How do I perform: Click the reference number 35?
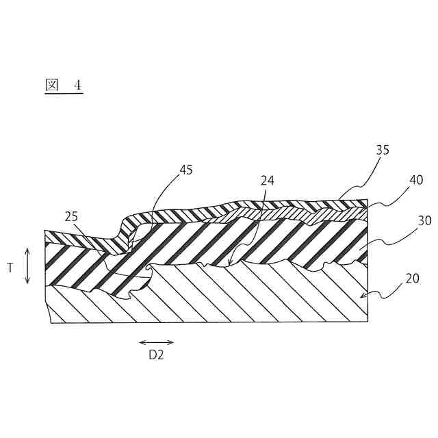click(383, 150)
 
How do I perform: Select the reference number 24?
click(267, 181)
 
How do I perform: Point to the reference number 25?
click(71, 217)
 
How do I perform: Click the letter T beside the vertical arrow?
click(10, 268)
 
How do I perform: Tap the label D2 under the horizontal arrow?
click(156, 355)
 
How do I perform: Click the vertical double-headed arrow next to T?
click(27, 266)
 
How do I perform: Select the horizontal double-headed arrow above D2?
click(156, 342)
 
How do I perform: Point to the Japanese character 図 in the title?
click(51, 85)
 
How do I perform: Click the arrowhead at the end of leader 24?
click(230, 262)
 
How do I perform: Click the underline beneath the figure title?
click(64, 94)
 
